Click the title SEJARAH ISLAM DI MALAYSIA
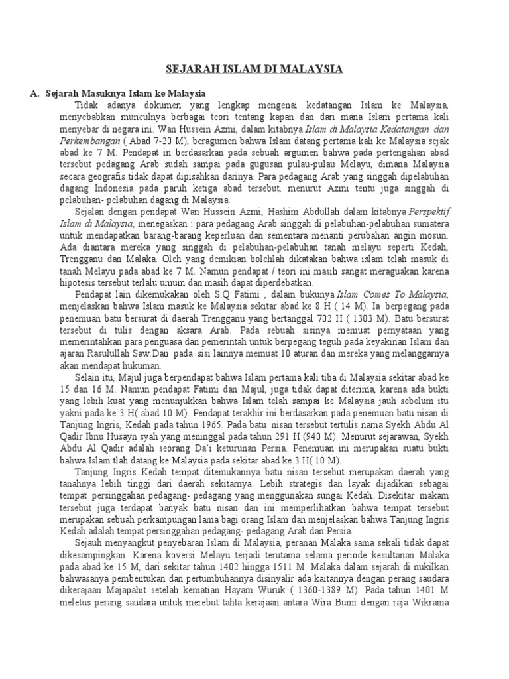click(254, 68)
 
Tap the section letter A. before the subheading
click(34, 93)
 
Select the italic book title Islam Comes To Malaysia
click(393, 294)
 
